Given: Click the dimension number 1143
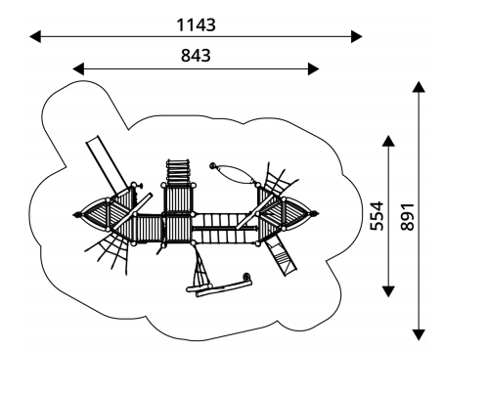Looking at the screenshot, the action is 196,24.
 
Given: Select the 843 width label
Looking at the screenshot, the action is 196,56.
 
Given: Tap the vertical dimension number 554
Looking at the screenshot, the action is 377,216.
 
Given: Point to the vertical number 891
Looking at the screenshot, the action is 407,217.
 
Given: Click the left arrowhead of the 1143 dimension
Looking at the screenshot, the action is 35,36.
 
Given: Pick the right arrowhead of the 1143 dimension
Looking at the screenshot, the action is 357,36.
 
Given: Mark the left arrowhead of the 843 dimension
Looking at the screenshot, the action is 78,69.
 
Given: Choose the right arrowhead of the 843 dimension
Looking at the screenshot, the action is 313,69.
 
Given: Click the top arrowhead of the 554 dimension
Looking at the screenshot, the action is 388,141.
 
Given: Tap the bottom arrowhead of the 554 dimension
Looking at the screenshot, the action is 388,291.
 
